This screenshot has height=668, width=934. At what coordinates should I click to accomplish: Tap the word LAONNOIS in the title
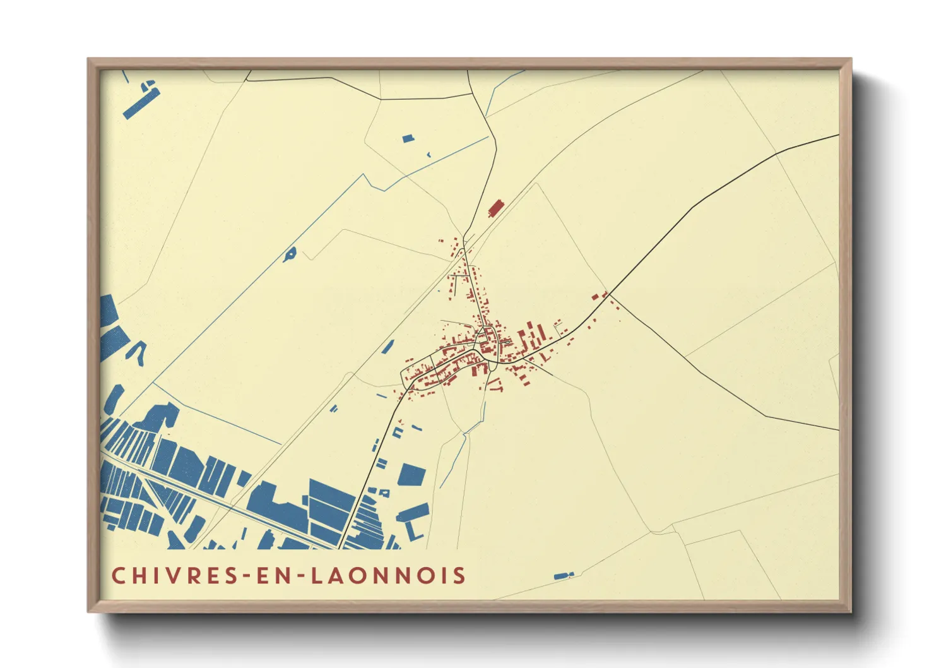(x=388, y=575)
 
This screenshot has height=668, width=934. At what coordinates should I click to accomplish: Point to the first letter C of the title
(x=118, y=575)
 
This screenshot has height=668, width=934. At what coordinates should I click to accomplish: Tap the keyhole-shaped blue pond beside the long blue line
(x=290, y=254)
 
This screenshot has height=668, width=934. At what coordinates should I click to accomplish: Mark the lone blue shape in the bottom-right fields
(x=562, y=576)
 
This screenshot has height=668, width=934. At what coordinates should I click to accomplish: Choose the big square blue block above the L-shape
(x=411, y=474)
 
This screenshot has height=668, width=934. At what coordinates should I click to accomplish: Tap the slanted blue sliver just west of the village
(x=387, y=347)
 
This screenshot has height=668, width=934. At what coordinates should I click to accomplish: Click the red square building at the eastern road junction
(x=594, y=296)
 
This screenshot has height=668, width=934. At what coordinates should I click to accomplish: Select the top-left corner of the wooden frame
(x=89, y=61)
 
